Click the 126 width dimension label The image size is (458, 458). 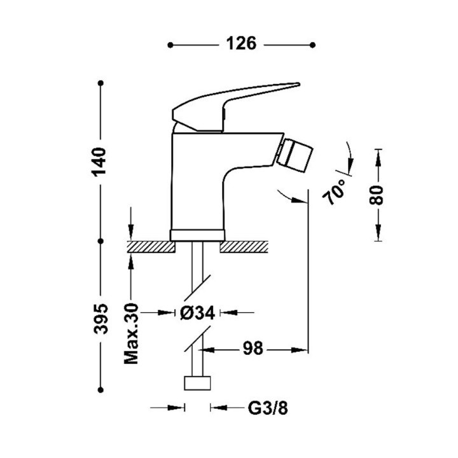(241, 44)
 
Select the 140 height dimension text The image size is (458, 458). (99, 162)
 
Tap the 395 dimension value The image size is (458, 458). (101, 319)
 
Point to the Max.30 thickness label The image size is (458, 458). (131, 334)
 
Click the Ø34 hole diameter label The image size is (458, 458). (197, 313)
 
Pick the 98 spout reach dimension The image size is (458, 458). (253, 349)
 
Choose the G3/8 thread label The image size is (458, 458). (268, 408)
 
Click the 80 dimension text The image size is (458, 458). (376, 195)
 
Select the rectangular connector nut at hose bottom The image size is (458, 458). (197, 383)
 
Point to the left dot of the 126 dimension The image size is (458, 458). (170, 45)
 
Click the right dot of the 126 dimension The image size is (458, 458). (312, 45)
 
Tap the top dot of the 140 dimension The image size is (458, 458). (101, 83)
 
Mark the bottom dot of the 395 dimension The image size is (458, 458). (101, 390)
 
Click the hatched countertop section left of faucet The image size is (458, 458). (151, 247)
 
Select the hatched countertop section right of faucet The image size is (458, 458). (244, 247)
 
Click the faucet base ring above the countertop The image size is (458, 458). (197, 235)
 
